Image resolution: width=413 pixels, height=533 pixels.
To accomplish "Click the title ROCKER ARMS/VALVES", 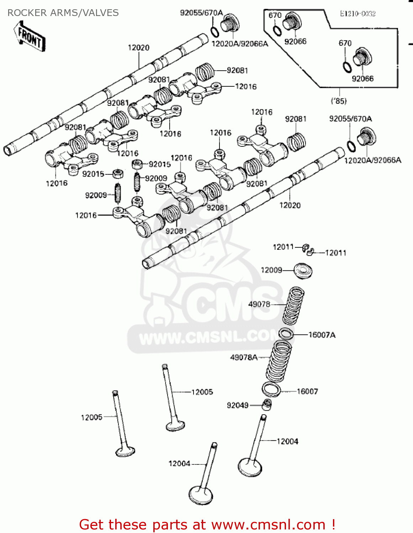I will [63, 13].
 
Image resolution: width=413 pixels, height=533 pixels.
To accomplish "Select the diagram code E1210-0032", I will [358, 14].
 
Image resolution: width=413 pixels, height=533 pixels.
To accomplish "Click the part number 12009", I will [271, 270].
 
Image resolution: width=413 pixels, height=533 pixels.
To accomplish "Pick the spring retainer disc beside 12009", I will [303, 271].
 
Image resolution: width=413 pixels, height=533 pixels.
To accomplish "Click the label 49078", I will [259, 304].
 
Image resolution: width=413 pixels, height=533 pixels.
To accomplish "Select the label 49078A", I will [244, 357].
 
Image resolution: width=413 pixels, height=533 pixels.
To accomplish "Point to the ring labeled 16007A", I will [286, 334].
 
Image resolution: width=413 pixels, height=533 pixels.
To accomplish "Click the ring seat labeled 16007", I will [271, 389].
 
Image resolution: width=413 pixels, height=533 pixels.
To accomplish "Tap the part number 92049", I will [238, 405].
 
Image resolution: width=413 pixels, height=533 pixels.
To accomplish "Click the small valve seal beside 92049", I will [267, 404].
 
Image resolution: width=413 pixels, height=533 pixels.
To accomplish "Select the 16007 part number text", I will [307, 391].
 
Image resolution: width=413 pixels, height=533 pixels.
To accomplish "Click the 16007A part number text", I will [322, 335].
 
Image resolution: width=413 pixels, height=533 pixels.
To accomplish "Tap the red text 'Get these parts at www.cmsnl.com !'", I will [207, 524].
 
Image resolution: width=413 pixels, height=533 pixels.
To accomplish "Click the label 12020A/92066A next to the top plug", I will [240, 44].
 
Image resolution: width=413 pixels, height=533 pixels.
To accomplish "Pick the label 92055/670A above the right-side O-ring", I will [350, 119].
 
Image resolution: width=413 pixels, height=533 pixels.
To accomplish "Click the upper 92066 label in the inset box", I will [295, 42].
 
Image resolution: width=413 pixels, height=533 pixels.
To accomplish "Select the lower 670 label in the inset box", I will [345, 43].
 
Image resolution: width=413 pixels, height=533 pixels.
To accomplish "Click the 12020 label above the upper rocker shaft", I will [139, 48].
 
